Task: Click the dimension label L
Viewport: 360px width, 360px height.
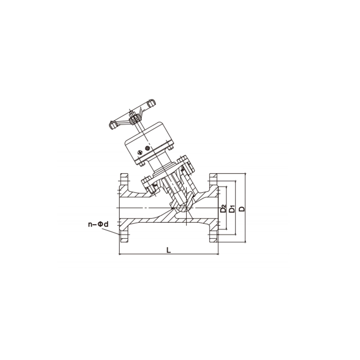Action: [x=169, y=250]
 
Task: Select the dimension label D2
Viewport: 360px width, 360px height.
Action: [x=223, y=209]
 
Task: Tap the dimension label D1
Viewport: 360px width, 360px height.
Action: [x=233, y=209]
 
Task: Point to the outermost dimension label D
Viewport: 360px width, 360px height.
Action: [x=242, y=209]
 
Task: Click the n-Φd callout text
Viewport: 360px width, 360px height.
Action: [x=98, y=224]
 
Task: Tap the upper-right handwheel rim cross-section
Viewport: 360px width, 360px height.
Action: [x=151, y=103]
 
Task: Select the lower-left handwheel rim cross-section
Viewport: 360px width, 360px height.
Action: [x=113, y=125]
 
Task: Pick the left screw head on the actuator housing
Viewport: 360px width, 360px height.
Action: [x=140, y=152]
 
